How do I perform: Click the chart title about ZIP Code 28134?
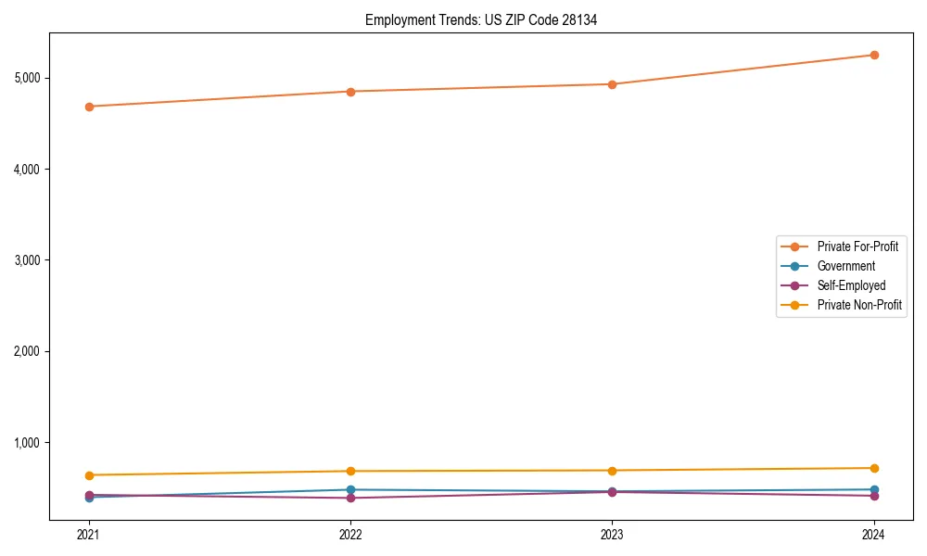(481, 19)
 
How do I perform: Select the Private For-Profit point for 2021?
(89, 107)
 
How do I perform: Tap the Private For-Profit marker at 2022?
(350, 92)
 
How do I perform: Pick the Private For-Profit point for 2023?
(612, 84)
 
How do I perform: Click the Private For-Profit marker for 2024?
(873, 55)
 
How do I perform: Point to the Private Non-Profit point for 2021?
(89, 475)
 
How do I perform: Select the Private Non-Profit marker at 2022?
(350, 471)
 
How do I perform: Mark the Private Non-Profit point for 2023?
(612, 471)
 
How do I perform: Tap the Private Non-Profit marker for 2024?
(873, 468)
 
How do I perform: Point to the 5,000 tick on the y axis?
(28, 78)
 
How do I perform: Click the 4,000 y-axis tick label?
(28, 169)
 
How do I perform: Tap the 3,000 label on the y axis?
(28, 260)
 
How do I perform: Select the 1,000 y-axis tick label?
(28, 443)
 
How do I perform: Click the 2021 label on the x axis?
(89, 534)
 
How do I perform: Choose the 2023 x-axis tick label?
(612, 534)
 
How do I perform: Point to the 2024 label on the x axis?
(873, 534)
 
